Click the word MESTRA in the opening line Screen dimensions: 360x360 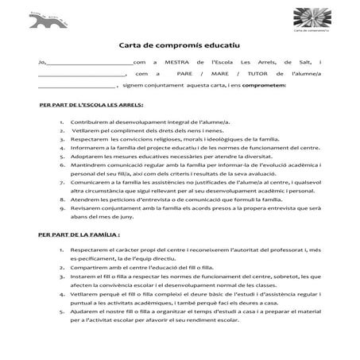tap(184, 62)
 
